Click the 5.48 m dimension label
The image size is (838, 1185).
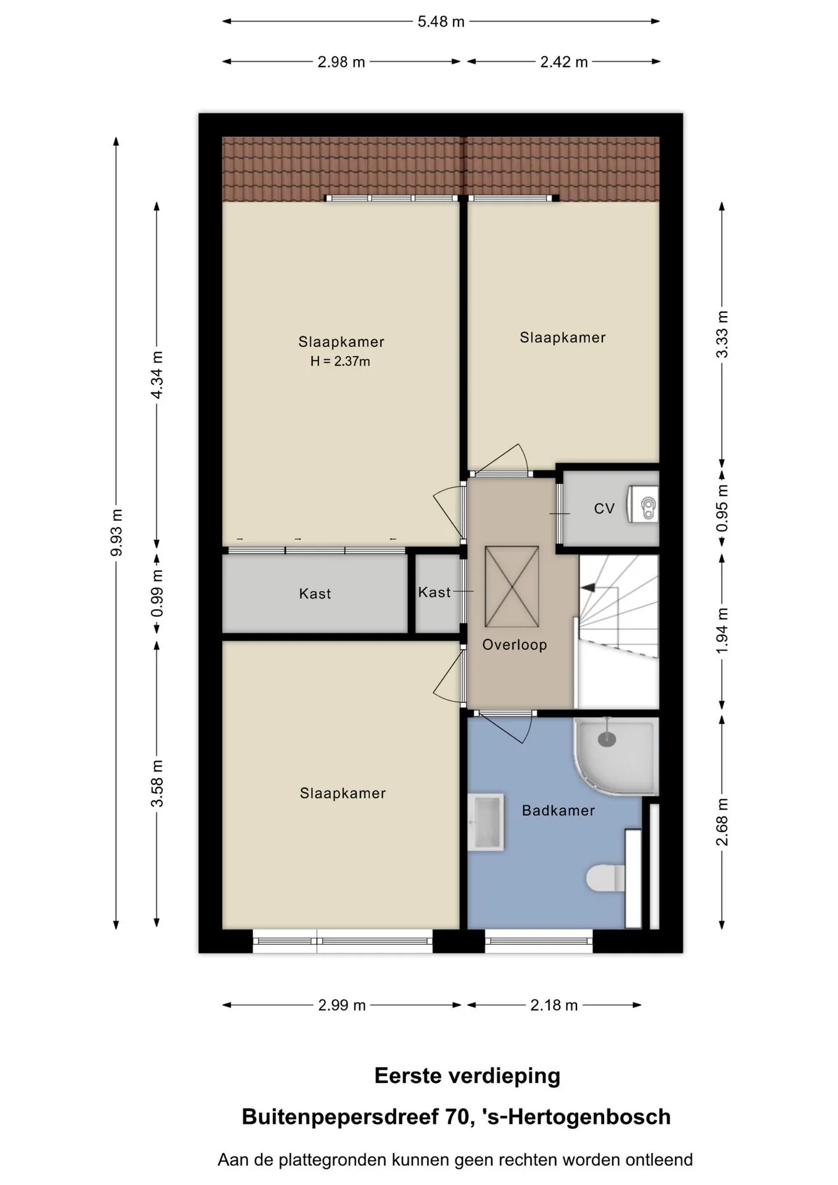pyautogui.click(x=441, y=22)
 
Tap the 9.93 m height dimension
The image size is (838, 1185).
pyautogui.click(x=116, y=533)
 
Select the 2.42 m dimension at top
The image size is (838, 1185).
pyautogui.click(x=564, y=62)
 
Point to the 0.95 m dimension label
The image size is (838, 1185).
pyautogui.click(x=722, y=508)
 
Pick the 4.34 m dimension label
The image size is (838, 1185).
pyautogui.click(x=157, y=375)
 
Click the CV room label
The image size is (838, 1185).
pyautogui.click(x=604, y=509)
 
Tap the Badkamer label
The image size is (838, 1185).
pyautogui.click(x=558, y=810)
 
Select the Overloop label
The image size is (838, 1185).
pyautogui.click(x=515, y=645)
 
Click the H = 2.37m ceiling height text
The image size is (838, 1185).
pyautogui.click(x=340, y=362)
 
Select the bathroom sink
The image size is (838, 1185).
pyautogui.click(x=486, y=823)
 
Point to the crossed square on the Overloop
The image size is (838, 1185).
pyautogui.click(x=512, y=587)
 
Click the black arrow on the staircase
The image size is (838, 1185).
pyautogui.click(x=589, y=588)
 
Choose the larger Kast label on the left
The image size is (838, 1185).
pyautogui.click(x=315, y=594)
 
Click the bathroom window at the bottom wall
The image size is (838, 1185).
pyautogui.click(x=539, y=941)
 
